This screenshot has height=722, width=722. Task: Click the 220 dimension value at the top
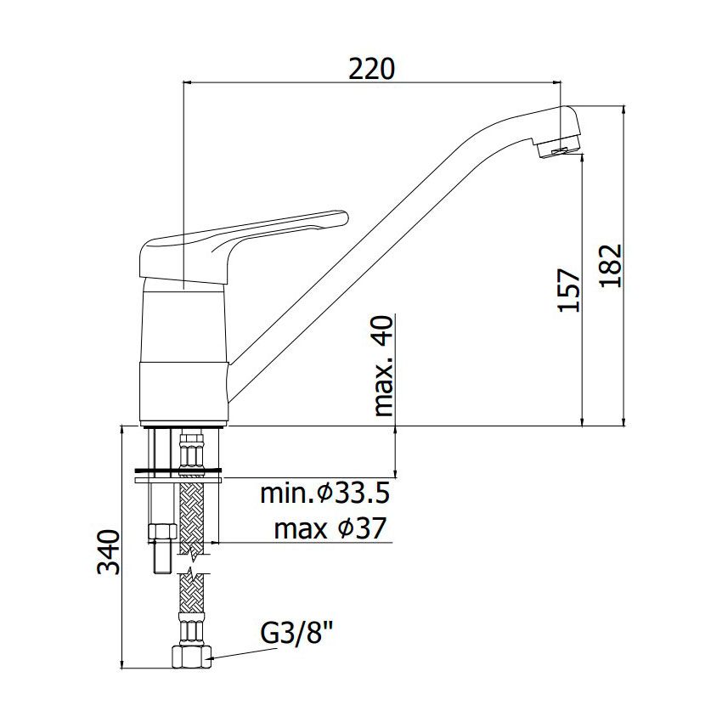[371, 69]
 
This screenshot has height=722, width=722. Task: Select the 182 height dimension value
[611, 266]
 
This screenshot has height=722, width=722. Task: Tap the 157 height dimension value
[569, 290]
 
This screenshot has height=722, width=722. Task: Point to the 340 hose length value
[108, 552]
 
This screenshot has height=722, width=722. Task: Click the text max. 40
[383, 367]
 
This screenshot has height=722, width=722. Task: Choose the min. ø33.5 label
[325, 494]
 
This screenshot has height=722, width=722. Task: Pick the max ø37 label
[330, 528]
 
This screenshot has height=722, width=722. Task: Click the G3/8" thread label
[296, 635]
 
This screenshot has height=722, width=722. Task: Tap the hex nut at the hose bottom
[192, 657]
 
